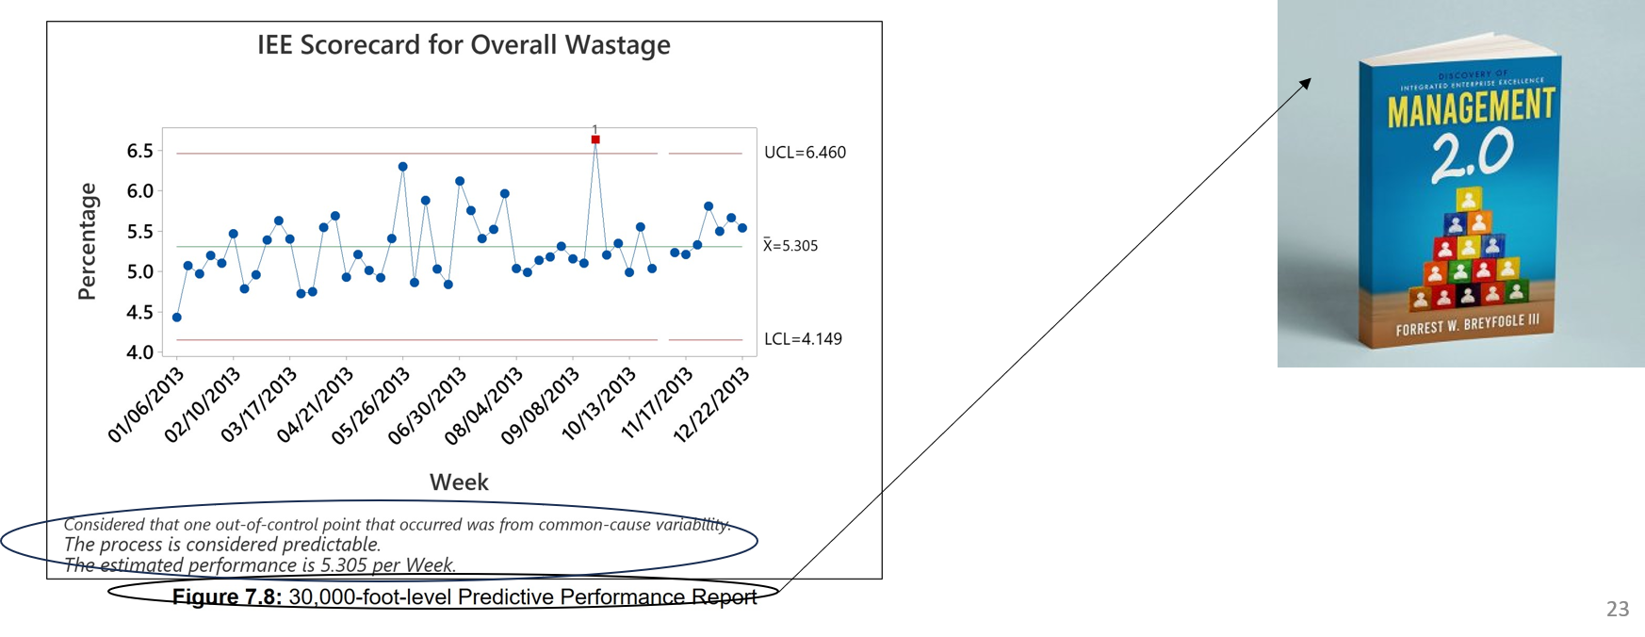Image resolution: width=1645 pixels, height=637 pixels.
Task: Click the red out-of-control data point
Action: click(595, 139)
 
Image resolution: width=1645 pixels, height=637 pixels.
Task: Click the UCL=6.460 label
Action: click(805, 153)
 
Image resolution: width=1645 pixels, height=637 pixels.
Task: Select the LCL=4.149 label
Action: click(803, 339)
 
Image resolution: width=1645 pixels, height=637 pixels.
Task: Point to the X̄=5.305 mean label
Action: click(790, 246)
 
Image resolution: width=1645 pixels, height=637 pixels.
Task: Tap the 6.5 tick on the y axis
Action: click(140, 152)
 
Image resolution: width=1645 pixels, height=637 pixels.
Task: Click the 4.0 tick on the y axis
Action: click(140, 353)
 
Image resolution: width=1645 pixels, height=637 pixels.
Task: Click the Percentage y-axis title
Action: click(88, 241)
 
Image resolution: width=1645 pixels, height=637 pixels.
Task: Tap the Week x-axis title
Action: click(459, 482)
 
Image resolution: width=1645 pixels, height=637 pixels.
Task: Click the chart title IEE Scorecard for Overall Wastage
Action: click(464, 45)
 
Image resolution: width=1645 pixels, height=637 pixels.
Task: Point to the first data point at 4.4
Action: click(177, 318)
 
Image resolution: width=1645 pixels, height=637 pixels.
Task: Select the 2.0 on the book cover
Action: click(1473, 155)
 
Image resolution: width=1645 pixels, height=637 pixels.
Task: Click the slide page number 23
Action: click(1618, 609)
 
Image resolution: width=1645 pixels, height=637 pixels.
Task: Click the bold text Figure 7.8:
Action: click(227, 597)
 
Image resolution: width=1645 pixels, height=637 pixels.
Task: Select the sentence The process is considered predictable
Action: click(222, 545)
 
